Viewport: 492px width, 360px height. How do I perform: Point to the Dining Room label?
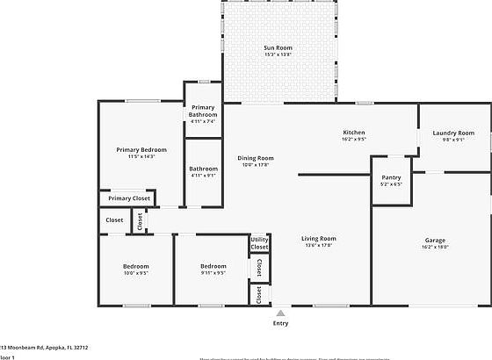(257, 158)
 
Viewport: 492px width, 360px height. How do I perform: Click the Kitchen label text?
(353, 133)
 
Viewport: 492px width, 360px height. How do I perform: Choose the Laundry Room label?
(453, 133)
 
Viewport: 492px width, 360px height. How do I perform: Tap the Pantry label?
(391, 177)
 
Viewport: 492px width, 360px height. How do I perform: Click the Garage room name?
(436, 240)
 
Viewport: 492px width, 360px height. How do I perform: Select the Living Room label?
(319, 239)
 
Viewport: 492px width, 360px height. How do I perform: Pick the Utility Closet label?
(259, 243)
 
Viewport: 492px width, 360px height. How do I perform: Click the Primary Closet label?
(129, 198)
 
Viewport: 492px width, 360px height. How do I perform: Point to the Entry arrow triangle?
(280, 312)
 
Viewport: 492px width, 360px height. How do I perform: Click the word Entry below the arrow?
(280, 323)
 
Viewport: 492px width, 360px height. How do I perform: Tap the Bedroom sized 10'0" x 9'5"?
(135, 266)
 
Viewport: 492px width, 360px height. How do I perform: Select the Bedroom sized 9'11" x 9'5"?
(213, 266)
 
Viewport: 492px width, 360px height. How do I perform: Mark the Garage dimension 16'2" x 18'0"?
(436, 247)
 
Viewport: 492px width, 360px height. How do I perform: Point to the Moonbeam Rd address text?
(44, 347)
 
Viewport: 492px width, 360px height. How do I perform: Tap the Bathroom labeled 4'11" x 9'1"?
(204, 169)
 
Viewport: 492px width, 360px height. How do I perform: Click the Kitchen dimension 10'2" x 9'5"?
(353, 139)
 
